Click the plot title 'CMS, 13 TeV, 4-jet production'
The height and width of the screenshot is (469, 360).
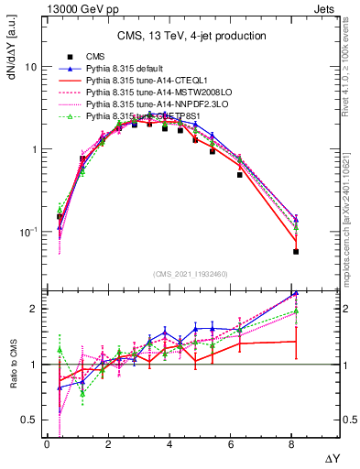coord(191,36)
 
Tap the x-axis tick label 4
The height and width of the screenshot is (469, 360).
coord(169,444)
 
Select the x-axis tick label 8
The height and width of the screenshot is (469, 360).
coord(292,444)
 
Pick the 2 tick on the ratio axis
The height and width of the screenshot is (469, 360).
coord(34,309)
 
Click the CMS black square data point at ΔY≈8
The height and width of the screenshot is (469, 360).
coord(296,251)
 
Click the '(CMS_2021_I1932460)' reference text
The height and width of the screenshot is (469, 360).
coord(191,274)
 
